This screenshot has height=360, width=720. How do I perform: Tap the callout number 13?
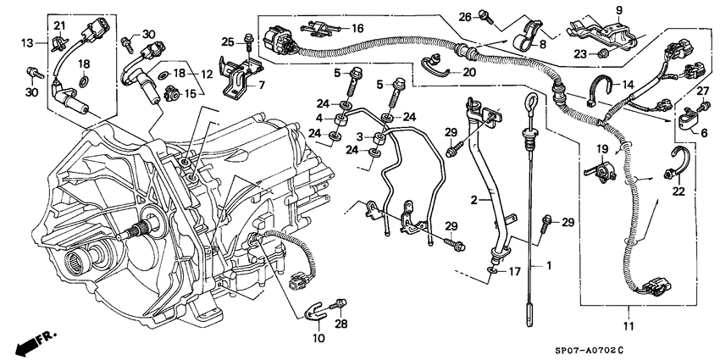(27, 42)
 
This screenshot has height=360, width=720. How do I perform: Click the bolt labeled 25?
(246, 37)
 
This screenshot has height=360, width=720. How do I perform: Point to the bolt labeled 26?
(485, 14)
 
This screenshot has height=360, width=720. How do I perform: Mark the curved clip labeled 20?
(433, 62)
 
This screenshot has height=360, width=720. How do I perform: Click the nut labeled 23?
(602, 53)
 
